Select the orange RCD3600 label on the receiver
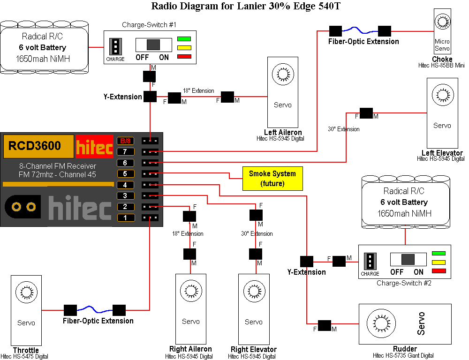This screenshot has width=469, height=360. coord(38,146)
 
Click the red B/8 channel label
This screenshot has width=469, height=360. coord(125,141)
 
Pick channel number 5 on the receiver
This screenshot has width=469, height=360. coord(125,173)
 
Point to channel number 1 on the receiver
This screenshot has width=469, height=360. coord(125,217)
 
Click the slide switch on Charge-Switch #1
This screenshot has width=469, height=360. coord(153,45)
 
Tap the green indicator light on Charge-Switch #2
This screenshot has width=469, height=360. coord(438,254)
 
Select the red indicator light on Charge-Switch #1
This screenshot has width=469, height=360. coord(184,57)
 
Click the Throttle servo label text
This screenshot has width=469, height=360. coord(26,350)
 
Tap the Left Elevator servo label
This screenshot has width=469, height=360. coord(442,153)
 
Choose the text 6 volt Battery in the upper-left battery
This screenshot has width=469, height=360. coord(42,47)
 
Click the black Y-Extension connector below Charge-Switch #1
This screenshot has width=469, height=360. coord(150,97)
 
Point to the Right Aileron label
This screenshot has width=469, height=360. coord(190,349)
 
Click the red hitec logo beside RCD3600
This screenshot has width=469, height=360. coord(94,146)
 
